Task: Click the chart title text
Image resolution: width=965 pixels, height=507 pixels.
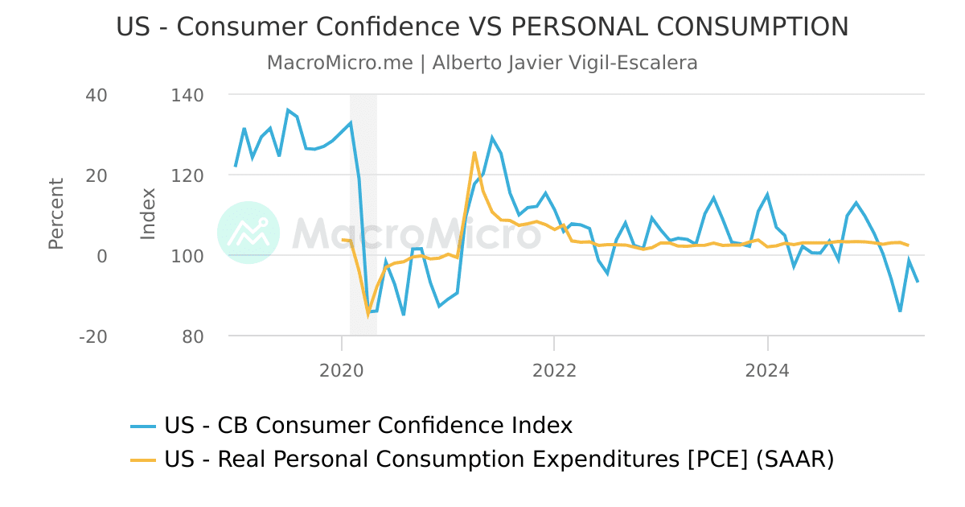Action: pyautogui.click(x=482, y=27)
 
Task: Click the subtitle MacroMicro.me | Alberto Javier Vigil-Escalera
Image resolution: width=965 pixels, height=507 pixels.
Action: pyautogui.click(x=482, y=63)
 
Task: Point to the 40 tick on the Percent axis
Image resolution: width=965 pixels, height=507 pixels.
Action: pyautogui.click(x=96, y=95)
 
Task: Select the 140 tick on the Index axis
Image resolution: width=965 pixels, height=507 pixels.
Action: pyautogui.click(x=188, y=95)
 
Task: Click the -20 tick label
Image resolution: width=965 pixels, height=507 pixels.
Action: pyautogui.click(x=93, y=336)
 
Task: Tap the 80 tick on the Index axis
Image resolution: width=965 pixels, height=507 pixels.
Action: pyautogui.click(x=193, y=336)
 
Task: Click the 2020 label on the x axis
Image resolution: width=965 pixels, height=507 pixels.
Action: pyautogui.click(x=342, y=371)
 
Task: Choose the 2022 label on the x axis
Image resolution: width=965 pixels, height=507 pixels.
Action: pyautogui.click(x=554, y=371)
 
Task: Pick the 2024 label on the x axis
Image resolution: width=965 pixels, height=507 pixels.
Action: pyautogui.click(x=767, y=371)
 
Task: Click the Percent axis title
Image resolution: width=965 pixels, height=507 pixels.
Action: pyautogui.click(x=55, y=214)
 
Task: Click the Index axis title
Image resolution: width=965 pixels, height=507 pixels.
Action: pyautogui.click(x=148, y=214)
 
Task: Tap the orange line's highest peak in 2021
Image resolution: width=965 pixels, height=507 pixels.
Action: pyautogui.click(x=474, y=152)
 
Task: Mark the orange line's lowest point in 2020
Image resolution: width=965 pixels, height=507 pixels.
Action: pyautogui.click(x=368, y=314)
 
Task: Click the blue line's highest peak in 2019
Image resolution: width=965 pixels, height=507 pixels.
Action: pyautogui.click(x=288, y=110)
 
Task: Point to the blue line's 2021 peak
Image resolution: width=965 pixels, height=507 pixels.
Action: pyautogui.click(x=492, y=138)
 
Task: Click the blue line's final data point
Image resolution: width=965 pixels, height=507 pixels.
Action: pyautogui.click(x=918, y=282)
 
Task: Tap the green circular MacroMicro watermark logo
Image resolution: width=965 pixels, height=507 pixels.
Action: pyautogui.click(x=248, y=233)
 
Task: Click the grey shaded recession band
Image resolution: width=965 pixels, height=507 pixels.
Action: pyautogui.click(x=363, y=201)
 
